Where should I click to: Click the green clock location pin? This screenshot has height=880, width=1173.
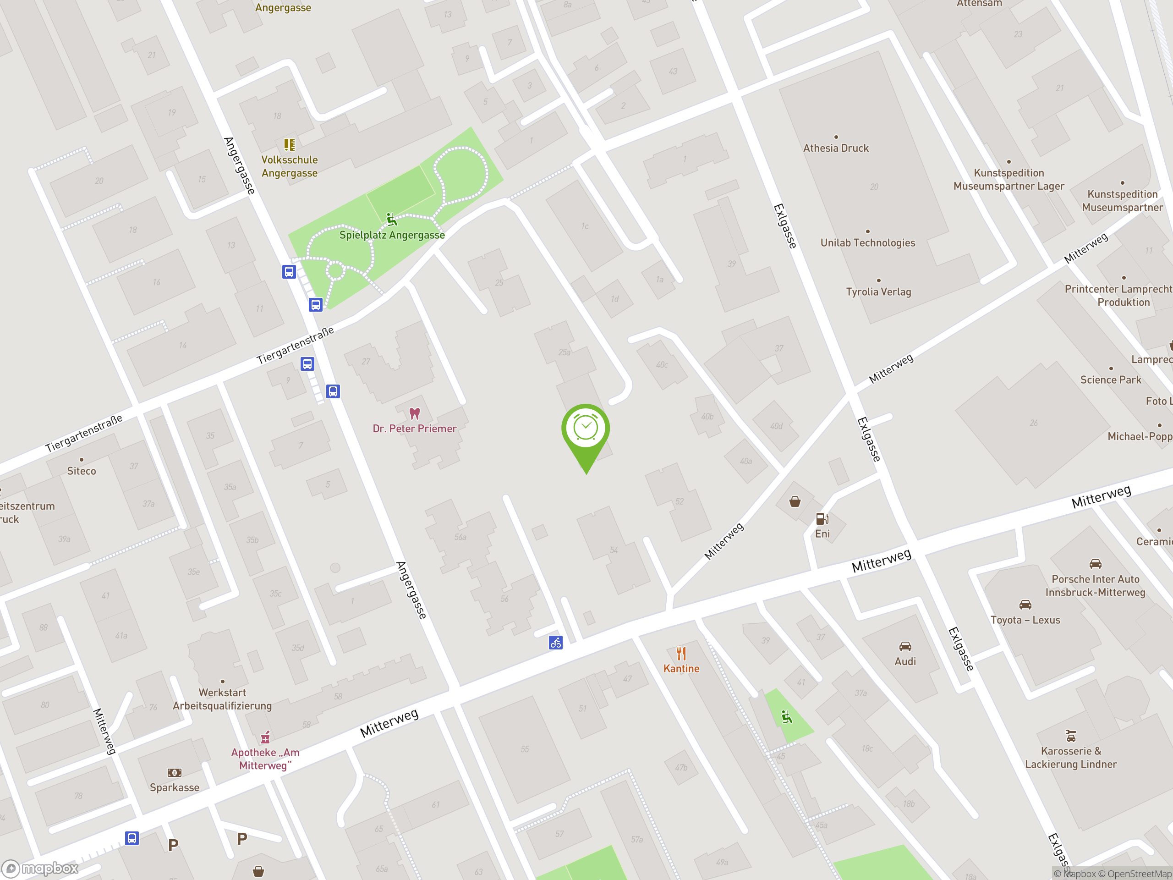586,429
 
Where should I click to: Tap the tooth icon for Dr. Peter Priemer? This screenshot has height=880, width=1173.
415,413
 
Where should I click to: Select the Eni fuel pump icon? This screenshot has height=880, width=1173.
822,518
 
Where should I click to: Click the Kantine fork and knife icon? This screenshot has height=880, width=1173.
681,654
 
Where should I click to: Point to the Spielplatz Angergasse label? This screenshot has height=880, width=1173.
392,235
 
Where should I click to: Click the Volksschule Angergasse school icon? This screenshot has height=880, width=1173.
289,144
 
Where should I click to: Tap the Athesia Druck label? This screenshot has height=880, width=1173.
836,148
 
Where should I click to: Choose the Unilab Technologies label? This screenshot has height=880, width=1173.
867,243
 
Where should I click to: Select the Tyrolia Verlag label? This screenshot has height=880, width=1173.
878,292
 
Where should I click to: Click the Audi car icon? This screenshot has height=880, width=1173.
905,646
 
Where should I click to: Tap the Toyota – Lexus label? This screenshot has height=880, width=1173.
1025,620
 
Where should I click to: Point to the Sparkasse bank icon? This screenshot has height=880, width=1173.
175,773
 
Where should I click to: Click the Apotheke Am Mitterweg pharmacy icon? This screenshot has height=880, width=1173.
265,737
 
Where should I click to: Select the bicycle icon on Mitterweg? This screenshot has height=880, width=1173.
555,643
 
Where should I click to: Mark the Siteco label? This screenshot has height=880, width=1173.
82,471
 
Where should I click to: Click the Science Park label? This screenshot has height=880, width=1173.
1110,380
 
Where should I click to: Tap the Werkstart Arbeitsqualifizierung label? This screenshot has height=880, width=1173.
222,699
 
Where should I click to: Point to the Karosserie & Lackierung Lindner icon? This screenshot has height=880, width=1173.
1071,736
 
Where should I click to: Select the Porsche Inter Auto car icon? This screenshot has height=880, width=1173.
1095,564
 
